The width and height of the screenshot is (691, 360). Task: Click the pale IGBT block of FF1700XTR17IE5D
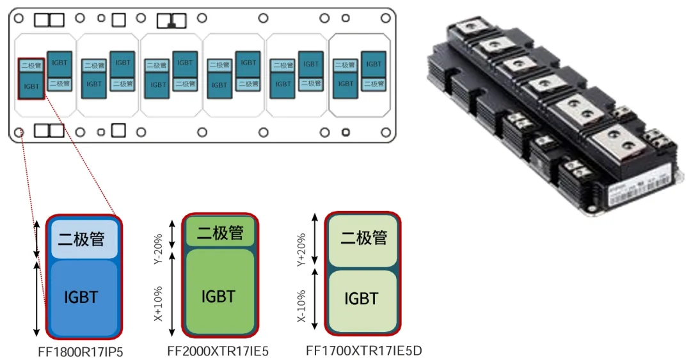(x=362, y=299)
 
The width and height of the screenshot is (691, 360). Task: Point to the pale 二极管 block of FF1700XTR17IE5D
(x=362, y=239)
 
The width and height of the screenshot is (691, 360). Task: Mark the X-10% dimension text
(x=303, y=302)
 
